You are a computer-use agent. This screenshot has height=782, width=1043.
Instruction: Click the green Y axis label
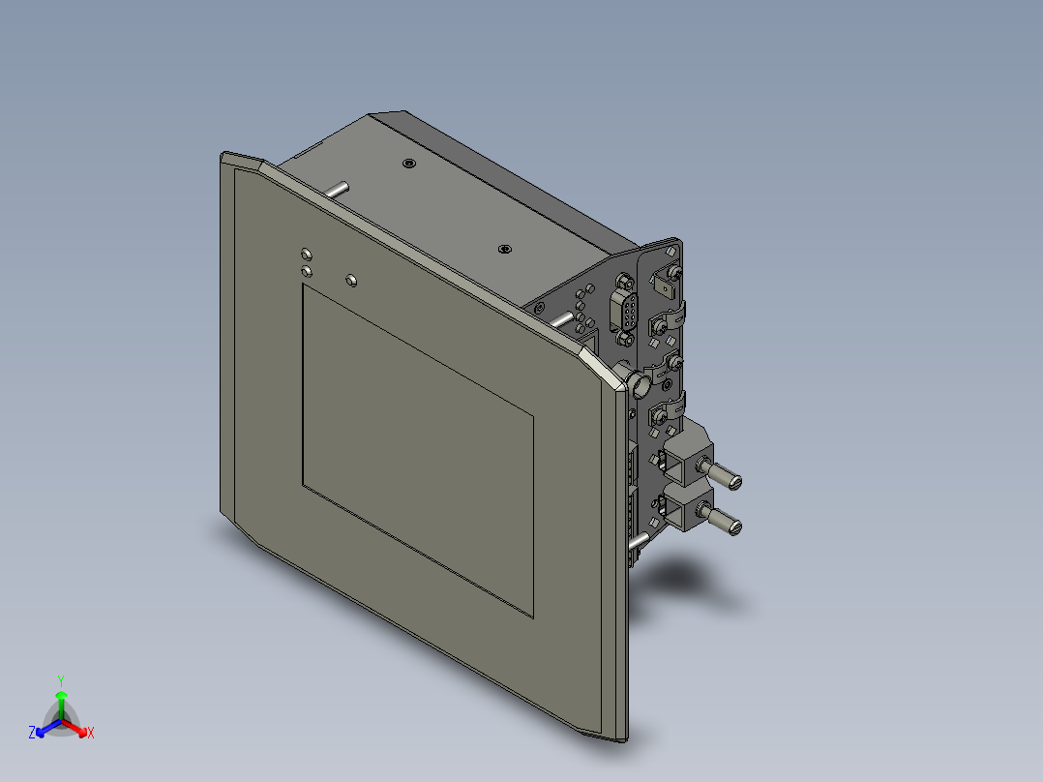[61, 679]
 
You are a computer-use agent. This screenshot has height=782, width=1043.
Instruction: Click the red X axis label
[90, 734]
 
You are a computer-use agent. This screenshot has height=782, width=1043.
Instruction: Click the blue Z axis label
[32, 734]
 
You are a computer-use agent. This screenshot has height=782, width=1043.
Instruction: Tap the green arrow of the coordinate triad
[61, 698]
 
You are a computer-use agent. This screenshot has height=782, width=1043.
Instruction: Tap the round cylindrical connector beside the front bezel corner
[641, 386]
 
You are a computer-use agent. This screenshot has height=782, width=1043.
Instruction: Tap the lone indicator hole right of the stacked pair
[351, 281]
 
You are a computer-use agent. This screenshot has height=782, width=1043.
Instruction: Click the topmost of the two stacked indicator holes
[307, 255]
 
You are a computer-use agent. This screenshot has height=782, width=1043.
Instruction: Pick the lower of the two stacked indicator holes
[307, 272]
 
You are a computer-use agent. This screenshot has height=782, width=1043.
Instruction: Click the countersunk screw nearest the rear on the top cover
[409, 164]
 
